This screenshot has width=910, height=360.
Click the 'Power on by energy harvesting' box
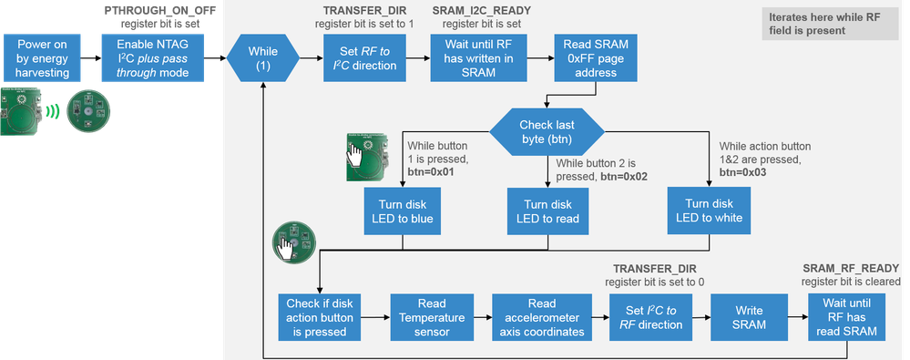[42, 58]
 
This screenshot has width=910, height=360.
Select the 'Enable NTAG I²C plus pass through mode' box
[153, 58]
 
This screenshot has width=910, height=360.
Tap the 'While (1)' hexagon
[263, 58]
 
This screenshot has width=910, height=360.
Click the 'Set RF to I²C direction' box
[364, 58]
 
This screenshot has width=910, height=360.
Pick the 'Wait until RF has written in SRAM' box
[478, 58]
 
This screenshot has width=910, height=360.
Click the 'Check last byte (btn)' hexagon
[547, 132]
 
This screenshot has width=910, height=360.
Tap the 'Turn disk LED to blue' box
[403, 211]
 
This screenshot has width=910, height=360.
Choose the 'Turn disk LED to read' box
[547, 211]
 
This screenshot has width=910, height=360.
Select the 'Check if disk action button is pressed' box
[319, 317]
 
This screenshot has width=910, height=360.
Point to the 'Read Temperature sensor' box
[432, 317]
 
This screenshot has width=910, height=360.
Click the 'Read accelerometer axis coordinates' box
[542, 317]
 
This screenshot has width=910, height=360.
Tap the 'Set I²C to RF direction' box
[650, 317]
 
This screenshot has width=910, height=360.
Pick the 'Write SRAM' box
[749, 317]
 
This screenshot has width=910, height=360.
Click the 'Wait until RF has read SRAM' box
[847, 317]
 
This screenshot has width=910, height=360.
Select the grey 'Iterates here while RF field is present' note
[830, 24]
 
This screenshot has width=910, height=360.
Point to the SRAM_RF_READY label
[852, 268]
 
